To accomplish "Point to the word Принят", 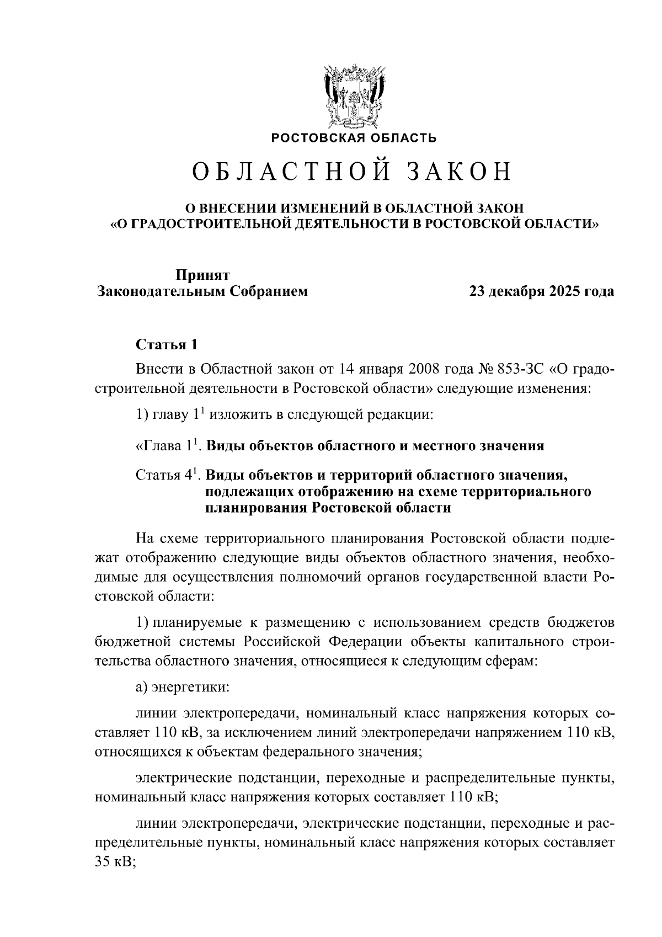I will [x=202, y=275].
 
